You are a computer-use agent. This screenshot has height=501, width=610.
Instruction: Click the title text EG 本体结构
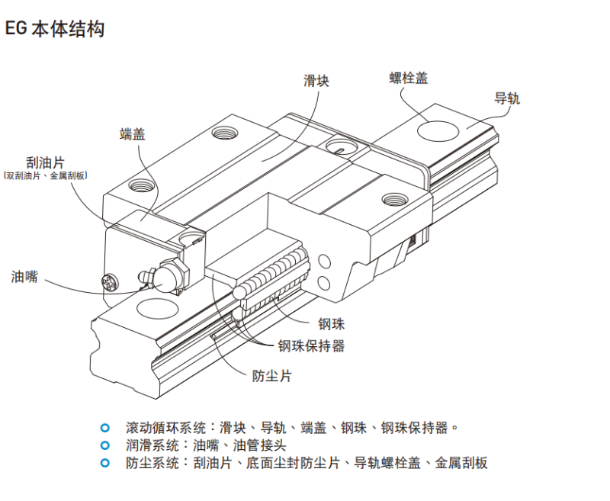(x=54, y=30)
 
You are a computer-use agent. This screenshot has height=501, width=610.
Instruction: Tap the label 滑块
(x=316, y=81)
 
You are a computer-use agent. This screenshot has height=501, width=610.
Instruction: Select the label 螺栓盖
(x=408, y=78)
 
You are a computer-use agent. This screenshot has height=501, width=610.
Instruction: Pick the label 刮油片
(x=45, y=162)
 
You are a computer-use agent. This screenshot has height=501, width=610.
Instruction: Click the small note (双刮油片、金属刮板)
(x=46, y=176)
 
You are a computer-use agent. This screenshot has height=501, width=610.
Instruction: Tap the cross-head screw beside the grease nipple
(x=111, y=283)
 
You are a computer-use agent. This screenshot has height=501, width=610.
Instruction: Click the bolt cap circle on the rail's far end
(x=438, y=131)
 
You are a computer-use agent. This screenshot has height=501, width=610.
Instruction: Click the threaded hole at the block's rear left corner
(x=224, y=133)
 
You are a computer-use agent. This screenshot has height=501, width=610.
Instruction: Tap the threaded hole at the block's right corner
(x=393, y=200)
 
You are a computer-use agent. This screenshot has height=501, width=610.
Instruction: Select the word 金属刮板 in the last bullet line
(x=461, y=463)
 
